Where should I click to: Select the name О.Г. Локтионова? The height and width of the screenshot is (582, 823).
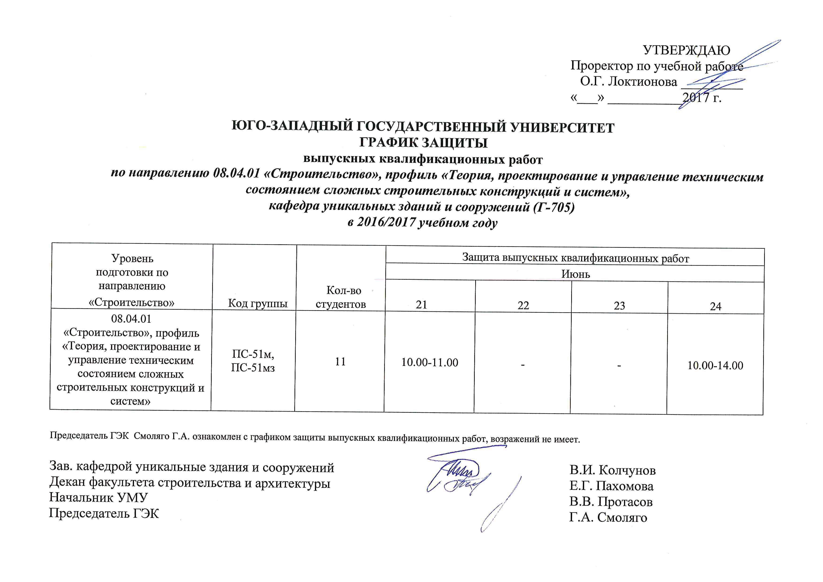click(x=628, y=82)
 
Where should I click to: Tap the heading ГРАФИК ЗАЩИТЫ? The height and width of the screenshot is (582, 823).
click(x=423, y=143)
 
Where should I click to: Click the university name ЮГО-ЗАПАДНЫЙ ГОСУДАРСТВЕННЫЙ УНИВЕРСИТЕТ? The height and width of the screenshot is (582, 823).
click(x=423, y=127)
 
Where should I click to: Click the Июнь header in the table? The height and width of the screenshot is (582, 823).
click(x=575, y=274)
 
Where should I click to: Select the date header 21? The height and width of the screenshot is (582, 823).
click(x=421, y=305)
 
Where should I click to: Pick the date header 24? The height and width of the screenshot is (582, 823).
click(x=716, y=306)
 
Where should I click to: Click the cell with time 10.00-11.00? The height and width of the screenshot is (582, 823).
click(x=429, y=363)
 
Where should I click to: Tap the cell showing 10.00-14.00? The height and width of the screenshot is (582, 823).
click(x=715, y=366)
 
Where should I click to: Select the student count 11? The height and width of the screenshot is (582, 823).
click(x=340, y=362)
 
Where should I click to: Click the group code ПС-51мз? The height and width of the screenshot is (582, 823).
click(x=253, y=368)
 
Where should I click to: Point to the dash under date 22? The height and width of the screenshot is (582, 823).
click(x=523, y=364)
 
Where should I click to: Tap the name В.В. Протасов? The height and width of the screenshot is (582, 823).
click(x=611, y=502)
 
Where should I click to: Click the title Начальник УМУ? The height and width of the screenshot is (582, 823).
click(x=99, y=498)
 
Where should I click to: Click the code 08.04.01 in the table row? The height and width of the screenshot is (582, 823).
click(x=131, y=319)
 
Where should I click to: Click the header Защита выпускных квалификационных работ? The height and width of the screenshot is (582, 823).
click(x=575, y=258)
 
